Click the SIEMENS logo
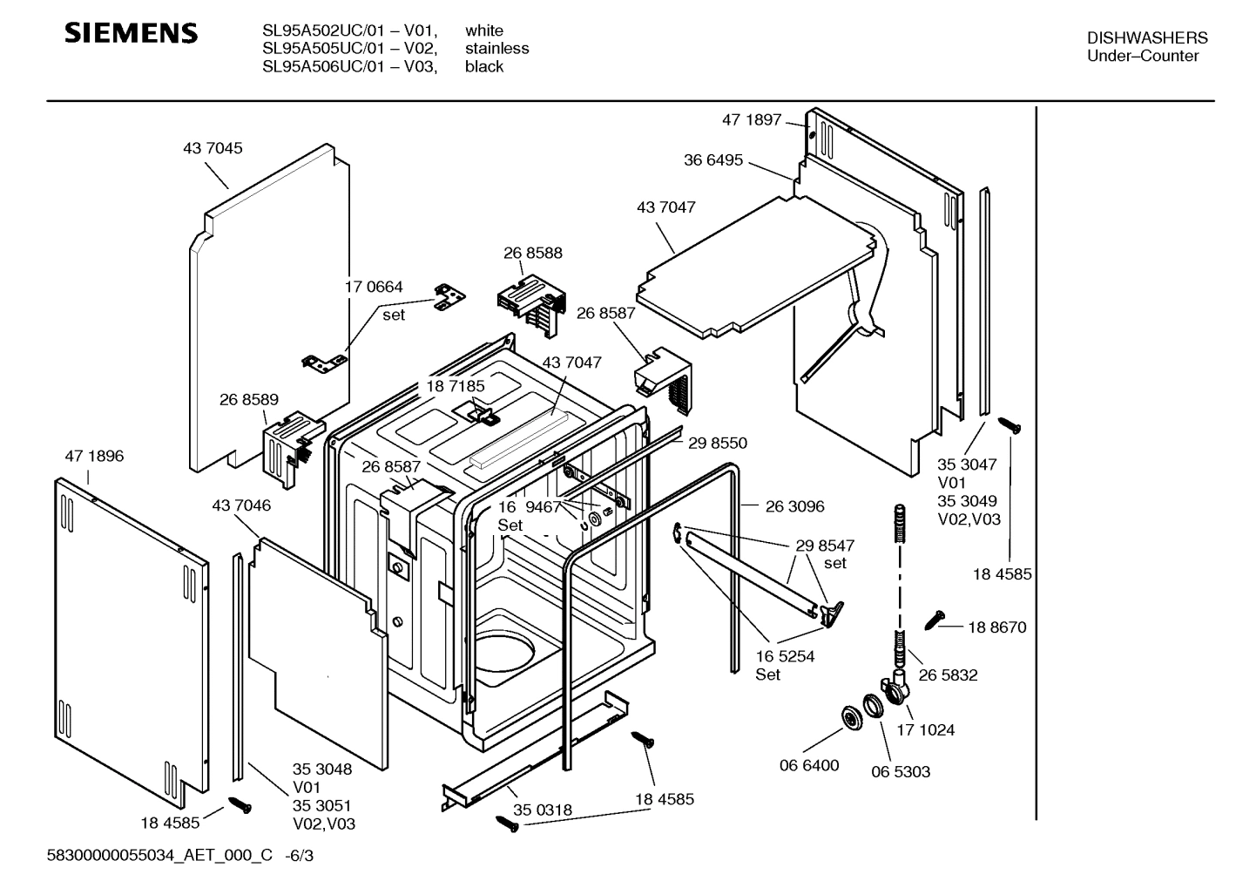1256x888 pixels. pyautogui.click(x=132, y=34)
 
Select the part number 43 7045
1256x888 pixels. pyautogui.click(x=213, y=148)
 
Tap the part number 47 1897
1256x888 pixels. pyautogui.click(x=751, y=119)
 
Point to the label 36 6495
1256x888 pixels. pyautogui.click(x=713, y=159)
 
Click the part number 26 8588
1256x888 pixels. pyautogui.click(x=532, y=253)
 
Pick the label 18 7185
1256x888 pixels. pyautogui.click(x=455, y=385)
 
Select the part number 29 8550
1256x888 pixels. pyautogui.click(x=717, y=443)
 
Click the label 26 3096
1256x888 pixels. pyautogui.click(x=794, y=506)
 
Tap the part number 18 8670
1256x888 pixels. pyautogui.click(x=996, y=627)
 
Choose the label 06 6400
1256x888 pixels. pyautogui.click(x=808, y=765)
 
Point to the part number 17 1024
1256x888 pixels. pyautogui.click(x=925, y=729)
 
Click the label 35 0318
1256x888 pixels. pyautogui.click(x=542, y=810)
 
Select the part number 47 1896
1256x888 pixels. pyautogui.click(x=94, y=456)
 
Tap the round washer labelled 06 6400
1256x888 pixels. pyautogui.click(x=850, y=716)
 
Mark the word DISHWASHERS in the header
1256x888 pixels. pyautogui.click(x=1147, y=37)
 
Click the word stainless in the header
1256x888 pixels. pyautogui.click(x=496, y=49)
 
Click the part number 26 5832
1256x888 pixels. pyautogui.click(x=948, y=675)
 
